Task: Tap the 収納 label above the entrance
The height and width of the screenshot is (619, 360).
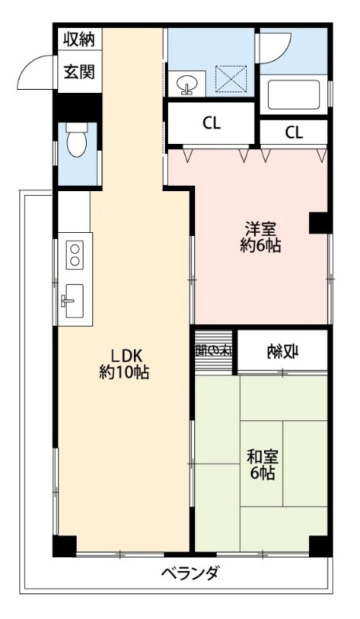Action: pos(79,39)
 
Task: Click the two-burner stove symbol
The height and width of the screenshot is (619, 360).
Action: pos(75,255)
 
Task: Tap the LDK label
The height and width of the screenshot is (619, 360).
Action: pos(124,355)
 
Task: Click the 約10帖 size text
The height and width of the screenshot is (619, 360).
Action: pos(124,372)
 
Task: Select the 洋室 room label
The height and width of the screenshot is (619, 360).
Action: pos(260,229)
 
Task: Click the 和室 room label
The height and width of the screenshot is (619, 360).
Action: pos(261,456)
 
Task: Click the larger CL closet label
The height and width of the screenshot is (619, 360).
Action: pos(211,121)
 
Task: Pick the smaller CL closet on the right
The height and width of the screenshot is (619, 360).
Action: pos(293,132)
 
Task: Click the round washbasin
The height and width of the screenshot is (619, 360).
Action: pos(187,83)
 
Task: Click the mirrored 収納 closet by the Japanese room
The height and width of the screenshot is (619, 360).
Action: pos(283,352)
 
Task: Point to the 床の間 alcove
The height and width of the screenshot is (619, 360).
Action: pos(214,350)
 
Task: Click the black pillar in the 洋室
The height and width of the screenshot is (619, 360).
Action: pos(320,223)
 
